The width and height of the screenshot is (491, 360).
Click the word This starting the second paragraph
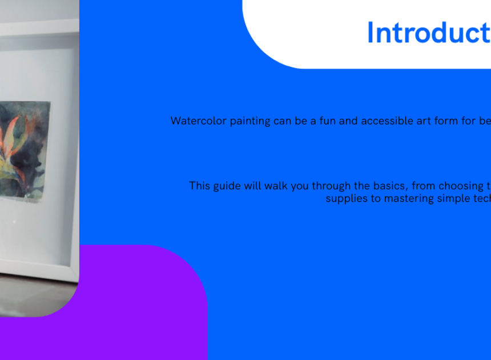pyautogui.click(x=199, y=186)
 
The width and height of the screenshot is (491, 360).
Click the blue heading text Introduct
pyautogui.click(x=429, y=33)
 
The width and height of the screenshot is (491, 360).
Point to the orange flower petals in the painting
pyautogui.click(x=13, y=138)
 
